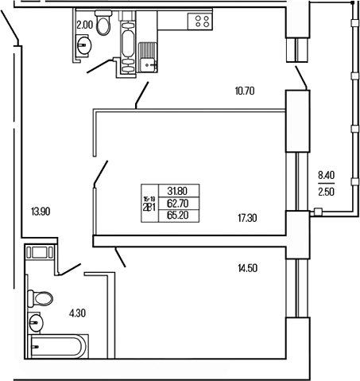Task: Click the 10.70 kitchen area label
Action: [245, 91]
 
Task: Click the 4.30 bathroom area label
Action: [77, 313]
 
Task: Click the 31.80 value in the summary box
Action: [178, 190]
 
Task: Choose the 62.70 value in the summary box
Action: [178, 202]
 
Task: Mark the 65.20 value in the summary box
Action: [178, 214]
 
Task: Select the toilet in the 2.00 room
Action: [103, 19]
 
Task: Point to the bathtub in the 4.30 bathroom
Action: [58, 347]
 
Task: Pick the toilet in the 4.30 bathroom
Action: [39, 300]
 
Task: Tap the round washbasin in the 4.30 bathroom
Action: [36, 322]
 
